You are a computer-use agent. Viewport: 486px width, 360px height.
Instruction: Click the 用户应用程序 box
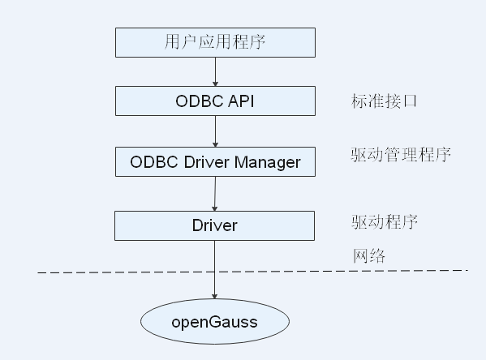[214, 42]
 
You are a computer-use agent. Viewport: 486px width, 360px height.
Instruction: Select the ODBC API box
[214, 101]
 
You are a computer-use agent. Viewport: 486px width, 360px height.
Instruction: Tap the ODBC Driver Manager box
[215, 161]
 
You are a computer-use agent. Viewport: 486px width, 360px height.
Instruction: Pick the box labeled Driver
[214, 225]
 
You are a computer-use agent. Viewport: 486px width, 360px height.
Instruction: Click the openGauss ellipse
[214, 322]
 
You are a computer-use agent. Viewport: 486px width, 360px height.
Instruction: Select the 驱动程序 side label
[385, 221]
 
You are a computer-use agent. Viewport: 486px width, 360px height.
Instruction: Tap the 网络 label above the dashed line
[368, 255]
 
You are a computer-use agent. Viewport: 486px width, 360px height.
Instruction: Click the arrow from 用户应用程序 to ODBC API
[215, 71]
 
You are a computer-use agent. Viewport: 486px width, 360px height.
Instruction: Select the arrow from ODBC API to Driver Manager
[215, 131]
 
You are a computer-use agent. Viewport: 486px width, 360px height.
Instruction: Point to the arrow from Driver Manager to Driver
[214, 193]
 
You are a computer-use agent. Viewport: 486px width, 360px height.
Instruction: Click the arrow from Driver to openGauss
[214, 272]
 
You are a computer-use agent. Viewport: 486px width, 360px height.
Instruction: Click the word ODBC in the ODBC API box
[199, 101]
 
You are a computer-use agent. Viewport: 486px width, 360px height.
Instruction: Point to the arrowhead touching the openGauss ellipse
[214, 298]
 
